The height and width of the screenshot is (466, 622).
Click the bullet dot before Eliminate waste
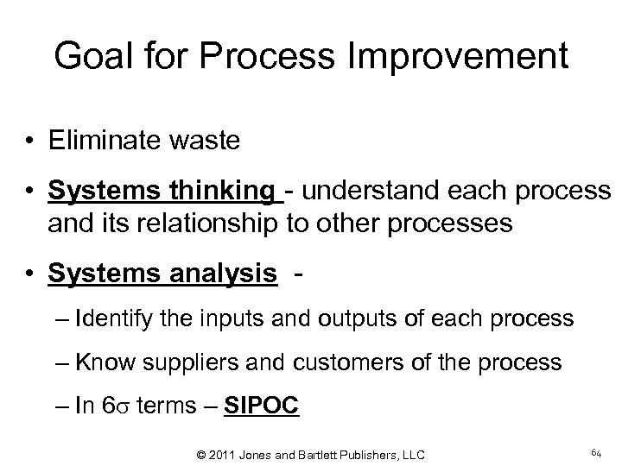(30, 141)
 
